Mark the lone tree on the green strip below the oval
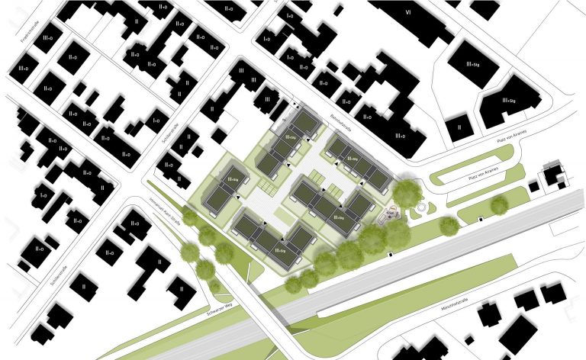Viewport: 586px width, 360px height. pyautogui.click(x=499, y=204)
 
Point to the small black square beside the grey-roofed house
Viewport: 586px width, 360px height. pyautogui.click(x=533, y=186)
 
